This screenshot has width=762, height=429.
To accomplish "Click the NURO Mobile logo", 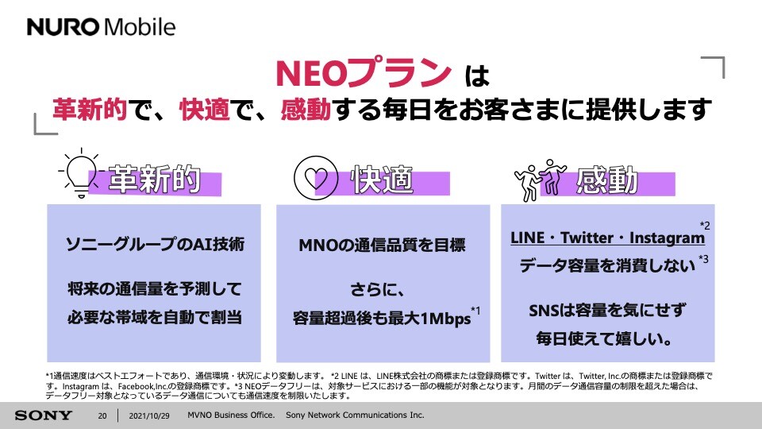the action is (x=101, y=27).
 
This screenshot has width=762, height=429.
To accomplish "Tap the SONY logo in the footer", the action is (x=43, y=415).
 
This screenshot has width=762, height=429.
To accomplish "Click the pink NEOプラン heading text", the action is (x=364, y=73).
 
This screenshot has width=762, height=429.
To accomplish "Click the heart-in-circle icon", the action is (x=316, y=177).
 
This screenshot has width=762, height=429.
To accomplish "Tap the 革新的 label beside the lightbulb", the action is (x=155, y=179).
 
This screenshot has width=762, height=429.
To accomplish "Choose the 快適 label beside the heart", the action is (x=382, y=179).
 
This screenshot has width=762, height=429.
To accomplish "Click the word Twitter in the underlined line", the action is (x=587, y=238).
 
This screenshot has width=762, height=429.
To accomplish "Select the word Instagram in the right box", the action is (x=667, y=238).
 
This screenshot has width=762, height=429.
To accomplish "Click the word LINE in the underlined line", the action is (x=527, y=238).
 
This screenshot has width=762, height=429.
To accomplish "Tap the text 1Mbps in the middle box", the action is (x=445, y=319).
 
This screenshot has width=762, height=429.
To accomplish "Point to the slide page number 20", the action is (x=102, y=415).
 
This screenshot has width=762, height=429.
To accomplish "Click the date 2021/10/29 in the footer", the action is (x=149, y=415).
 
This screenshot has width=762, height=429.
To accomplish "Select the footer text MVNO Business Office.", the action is (x=231, y=415).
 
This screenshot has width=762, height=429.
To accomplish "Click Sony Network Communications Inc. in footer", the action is (x=355, y=415).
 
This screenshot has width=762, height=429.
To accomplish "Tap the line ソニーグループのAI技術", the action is (x=155, y=244).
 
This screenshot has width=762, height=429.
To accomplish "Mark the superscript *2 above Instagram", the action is (x=705, y=225).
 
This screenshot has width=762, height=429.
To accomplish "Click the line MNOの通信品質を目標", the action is (x=383, y=245).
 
